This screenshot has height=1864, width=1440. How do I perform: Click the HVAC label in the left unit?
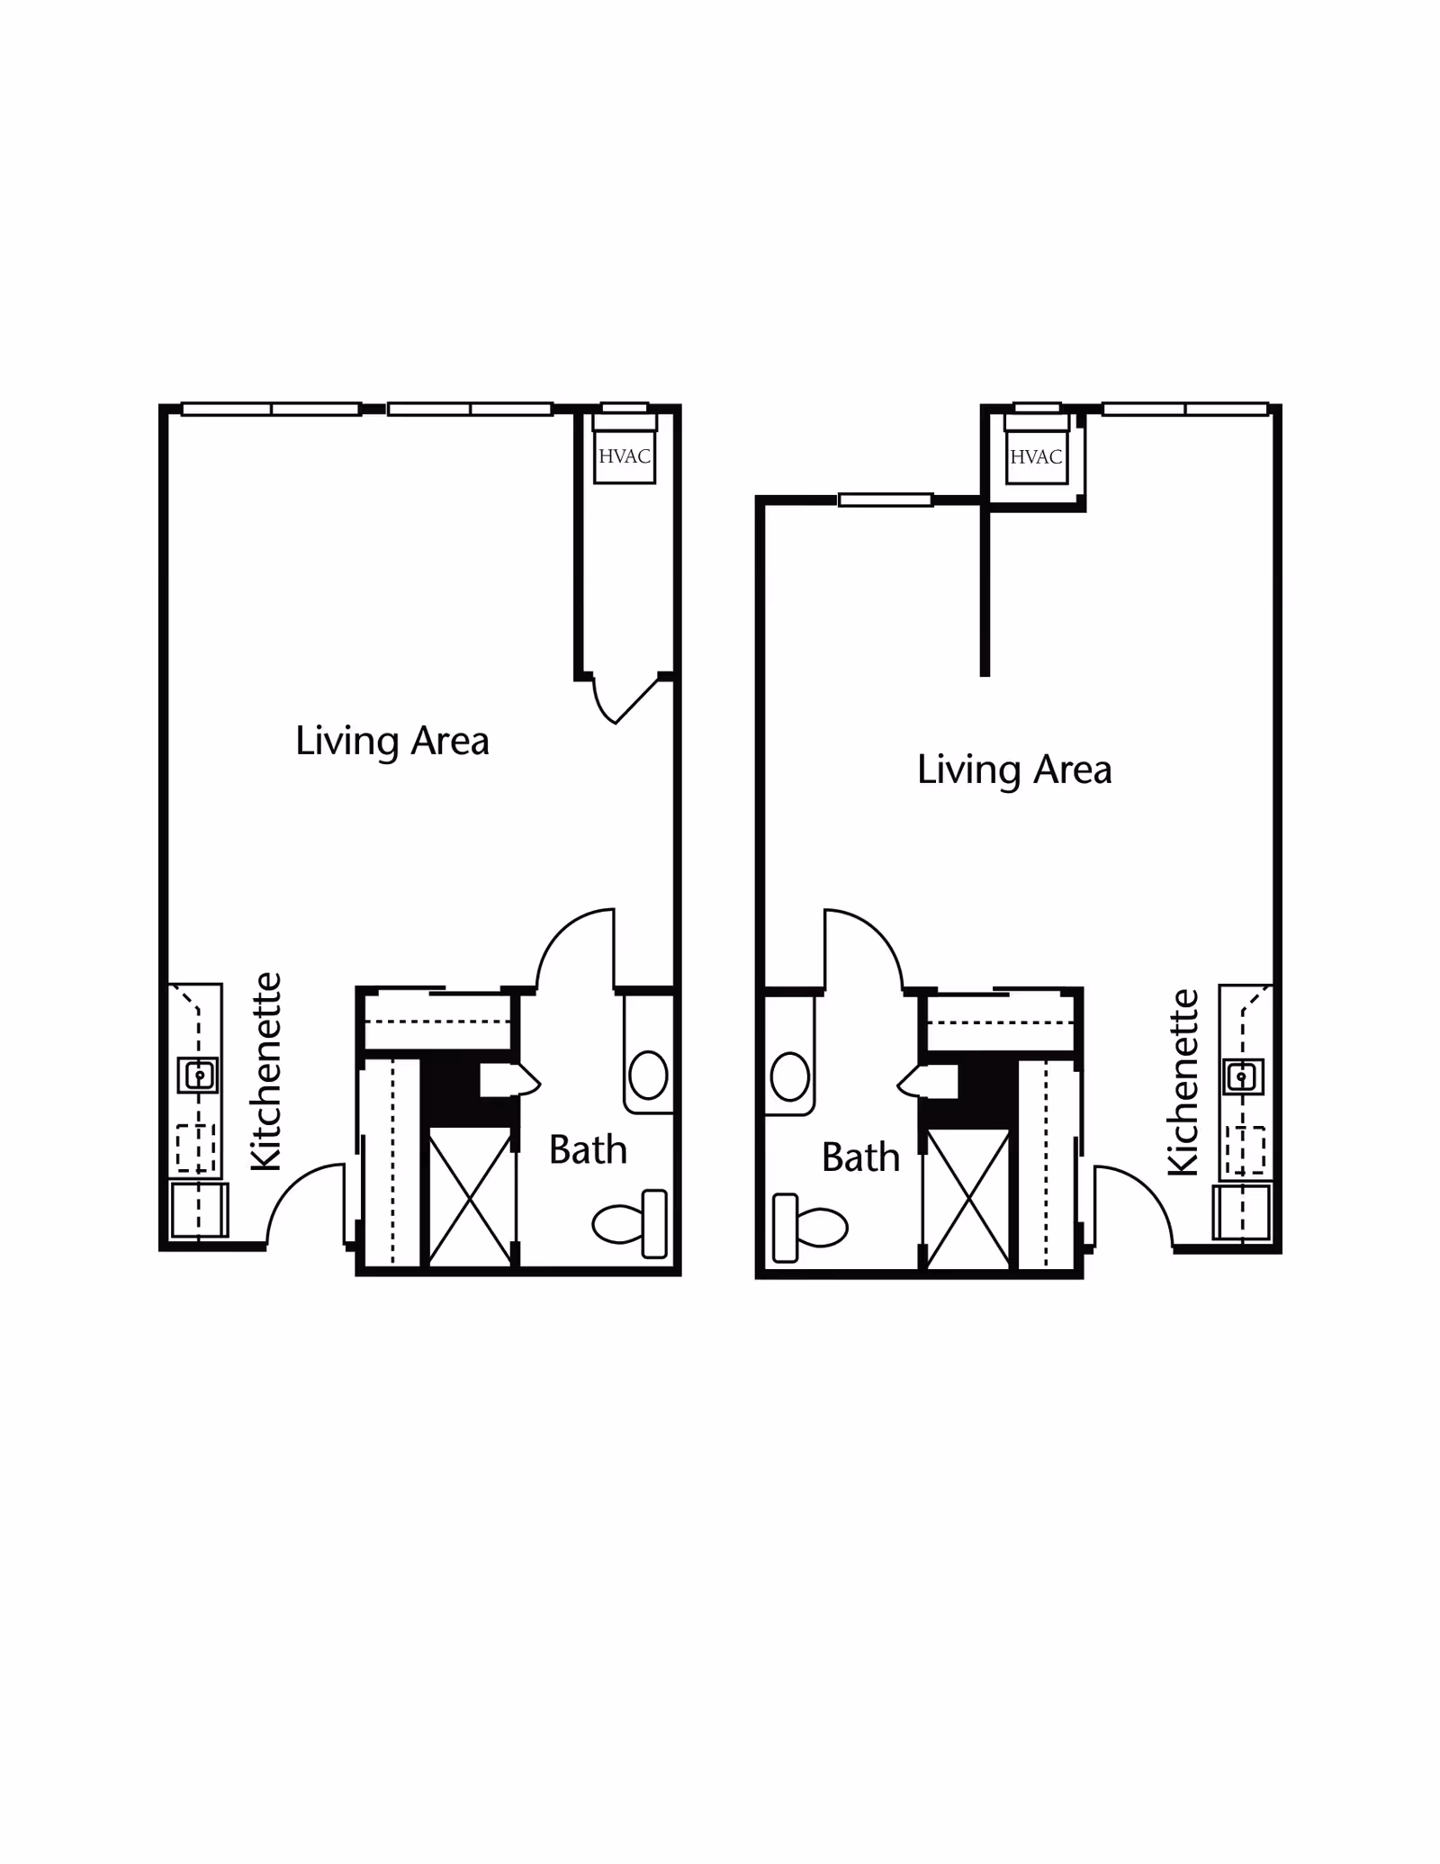(625, 456)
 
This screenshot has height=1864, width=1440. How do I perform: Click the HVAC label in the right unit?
(1036, 457)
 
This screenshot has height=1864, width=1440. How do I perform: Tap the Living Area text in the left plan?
(392, 741)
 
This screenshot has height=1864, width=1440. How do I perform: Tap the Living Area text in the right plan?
(1014, 770)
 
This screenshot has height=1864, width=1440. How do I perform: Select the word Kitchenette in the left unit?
(266, 1071)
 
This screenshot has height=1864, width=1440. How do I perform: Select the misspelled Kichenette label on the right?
(1183, 1082)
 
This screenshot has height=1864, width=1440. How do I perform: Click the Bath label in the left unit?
(588, 1150)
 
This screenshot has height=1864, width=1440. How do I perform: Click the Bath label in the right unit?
(860, 1157)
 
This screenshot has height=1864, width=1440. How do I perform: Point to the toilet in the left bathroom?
(630, 1223)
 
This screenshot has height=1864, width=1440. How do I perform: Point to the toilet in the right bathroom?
(810, 1227)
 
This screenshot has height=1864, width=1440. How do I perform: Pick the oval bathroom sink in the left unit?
(648, 1075)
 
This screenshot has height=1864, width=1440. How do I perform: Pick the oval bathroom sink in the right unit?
(790, 1076)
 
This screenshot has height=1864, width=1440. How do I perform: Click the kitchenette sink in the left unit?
(199, 1075)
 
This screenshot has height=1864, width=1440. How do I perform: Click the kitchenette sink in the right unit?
(1243, 1076)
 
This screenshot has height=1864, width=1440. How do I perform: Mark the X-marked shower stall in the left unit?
(470, 1197)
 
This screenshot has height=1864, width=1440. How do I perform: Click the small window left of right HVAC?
(886, 500)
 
